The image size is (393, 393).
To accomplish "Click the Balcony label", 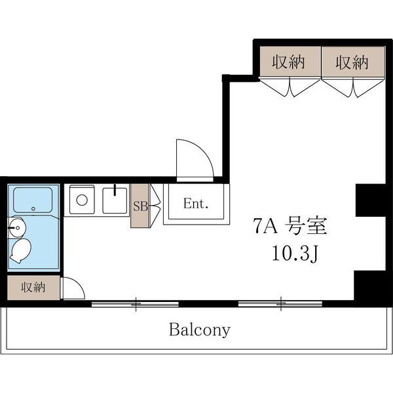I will tap(200, 329).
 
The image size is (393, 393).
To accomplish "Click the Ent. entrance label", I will tap(195, 204).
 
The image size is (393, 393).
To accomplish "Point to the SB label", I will tap(140, 205).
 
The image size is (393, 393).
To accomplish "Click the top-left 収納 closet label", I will tap(288, 63).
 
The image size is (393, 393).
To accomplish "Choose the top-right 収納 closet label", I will tap(352, 63).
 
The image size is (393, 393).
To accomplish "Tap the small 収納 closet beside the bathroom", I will tap(32, 287).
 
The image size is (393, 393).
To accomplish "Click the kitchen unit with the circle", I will tap(81, 200).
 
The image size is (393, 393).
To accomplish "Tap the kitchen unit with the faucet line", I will tap(115, 200).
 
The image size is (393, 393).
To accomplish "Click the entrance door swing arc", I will tap(195, 160).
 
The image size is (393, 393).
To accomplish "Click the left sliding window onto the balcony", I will tap(136, 303).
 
